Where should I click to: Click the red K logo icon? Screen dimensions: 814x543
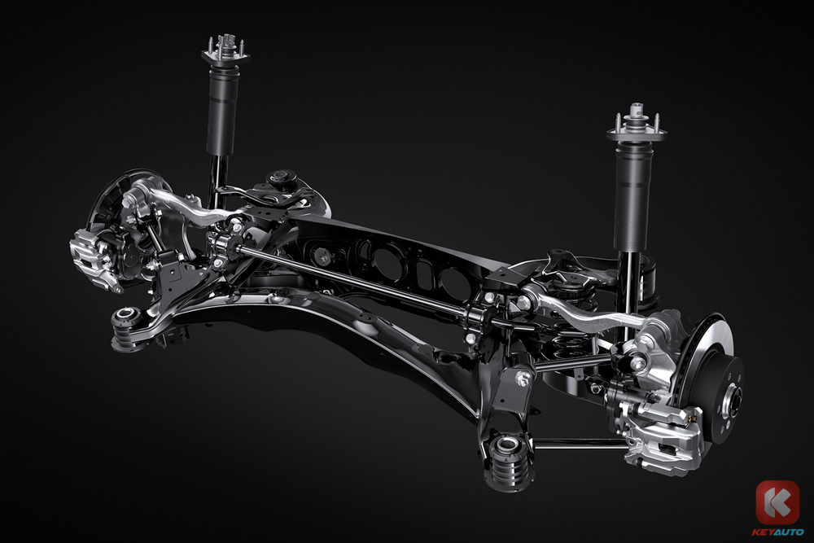[777, 502]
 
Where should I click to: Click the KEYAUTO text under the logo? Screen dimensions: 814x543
[777, 532]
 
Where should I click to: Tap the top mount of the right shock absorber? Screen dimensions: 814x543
[637, 127]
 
